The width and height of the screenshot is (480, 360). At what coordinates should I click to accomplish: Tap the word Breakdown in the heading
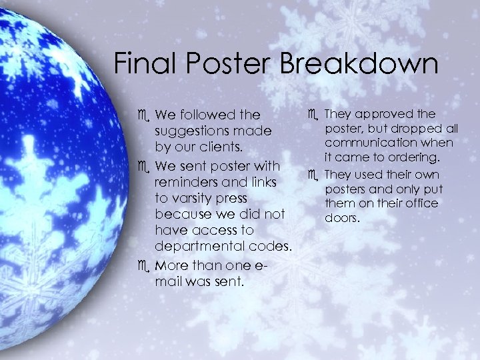coord(359,64)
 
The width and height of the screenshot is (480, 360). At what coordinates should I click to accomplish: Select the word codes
coord(269,247)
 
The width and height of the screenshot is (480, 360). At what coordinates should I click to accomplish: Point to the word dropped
coord(418,129)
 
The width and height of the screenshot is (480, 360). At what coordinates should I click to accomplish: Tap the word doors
coord(341,218)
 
